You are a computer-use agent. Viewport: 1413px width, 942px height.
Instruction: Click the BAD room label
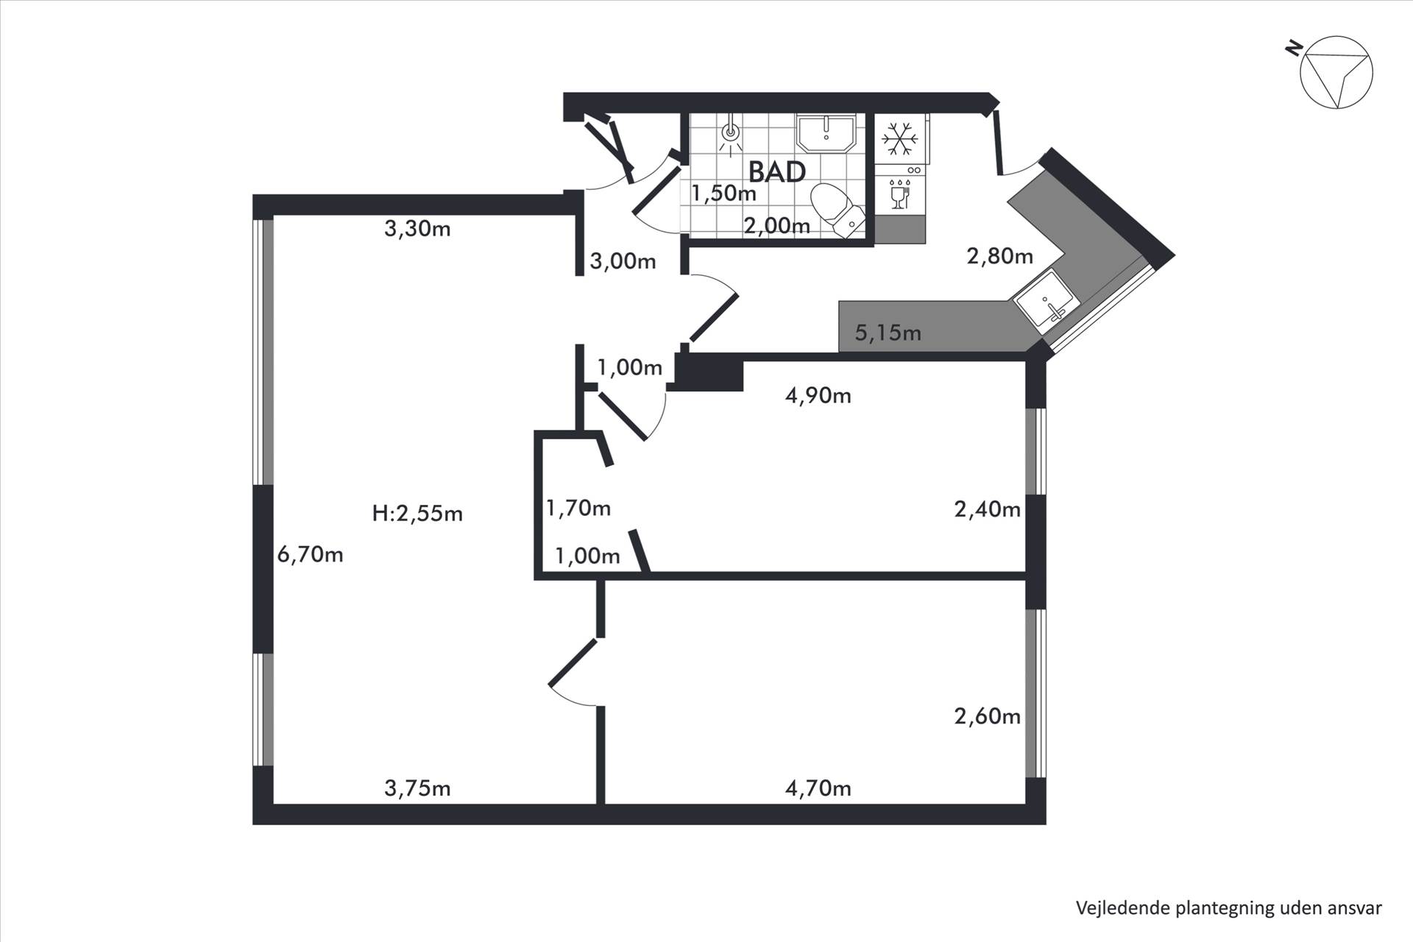(x=777, y=171)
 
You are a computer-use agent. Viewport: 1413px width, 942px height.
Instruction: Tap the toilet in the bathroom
(x=837, y=210)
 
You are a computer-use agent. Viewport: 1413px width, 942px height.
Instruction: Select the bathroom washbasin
(x=826, y=132)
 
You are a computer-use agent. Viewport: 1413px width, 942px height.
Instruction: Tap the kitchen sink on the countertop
(x=1046, y=300)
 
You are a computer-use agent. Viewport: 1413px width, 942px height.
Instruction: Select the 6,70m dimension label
(x=310, y=554)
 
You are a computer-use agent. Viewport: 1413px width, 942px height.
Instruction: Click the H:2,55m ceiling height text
(x=417, y=513)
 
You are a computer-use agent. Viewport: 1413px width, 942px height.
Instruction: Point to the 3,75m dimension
(x=417, y=788)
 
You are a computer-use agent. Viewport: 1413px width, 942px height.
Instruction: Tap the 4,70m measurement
(x=818, y=788)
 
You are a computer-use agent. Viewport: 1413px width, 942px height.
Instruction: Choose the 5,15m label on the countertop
(x=888, y=333)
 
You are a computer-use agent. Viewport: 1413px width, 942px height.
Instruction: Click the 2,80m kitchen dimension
(x=1000, y=256)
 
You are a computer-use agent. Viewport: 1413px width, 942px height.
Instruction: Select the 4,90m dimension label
(x=818, y=396)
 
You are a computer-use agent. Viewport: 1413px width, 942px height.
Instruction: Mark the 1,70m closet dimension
(x=578, y=508)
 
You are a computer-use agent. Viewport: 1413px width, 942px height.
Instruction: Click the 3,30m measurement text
(x=417, y=229)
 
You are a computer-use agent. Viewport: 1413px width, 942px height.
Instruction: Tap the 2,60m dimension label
(x=988, y=716)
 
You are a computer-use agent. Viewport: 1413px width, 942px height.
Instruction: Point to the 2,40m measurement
(x=988, y=509)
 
